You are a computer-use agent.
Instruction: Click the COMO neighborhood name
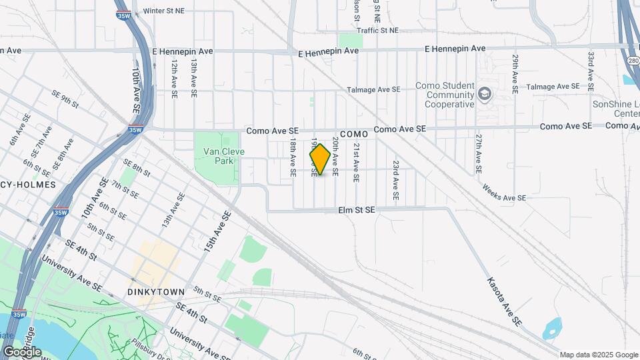coord(354,134)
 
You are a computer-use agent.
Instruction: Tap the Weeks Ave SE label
coord(505,198)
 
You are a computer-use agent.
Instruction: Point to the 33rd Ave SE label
coord(591,69)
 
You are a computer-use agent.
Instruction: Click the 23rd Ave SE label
coord(395,181)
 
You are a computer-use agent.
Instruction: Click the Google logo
coord(22,351)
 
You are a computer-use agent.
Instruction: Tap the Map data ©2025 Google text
coord(598,355)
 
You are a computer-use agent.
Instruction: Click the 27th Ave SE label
coord(479,154)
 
